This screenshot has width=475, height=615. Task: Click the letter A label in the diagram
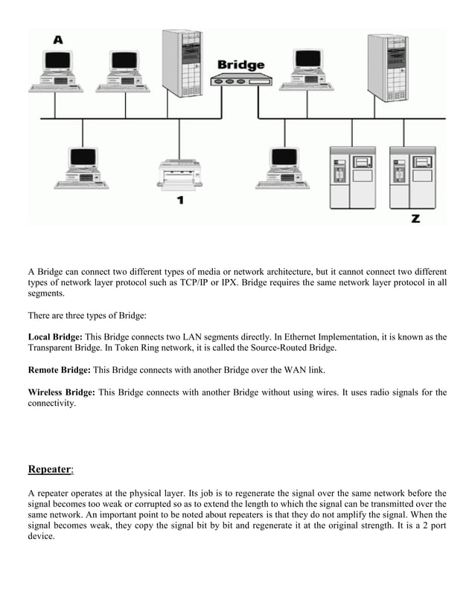click(58, 39)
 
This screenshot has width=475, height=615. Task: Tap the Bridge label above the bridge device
click(240, 65)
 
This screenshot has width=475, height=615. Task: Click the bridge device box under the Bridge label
click(238, 79)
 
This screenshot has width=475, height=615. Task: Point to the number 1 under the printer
click(179, 200)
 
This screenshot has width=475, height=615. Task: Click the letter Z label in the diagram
click(415, 218)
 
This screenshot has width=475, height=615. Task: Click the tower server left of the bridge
click(182, 63)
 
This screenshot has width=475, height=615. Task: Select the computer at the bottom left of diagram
click(82, 168)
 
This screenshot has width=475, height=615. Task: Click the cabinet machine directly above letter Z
click(412, 177)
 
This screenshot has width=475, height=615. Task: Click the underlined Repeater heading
click(49, 469)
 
